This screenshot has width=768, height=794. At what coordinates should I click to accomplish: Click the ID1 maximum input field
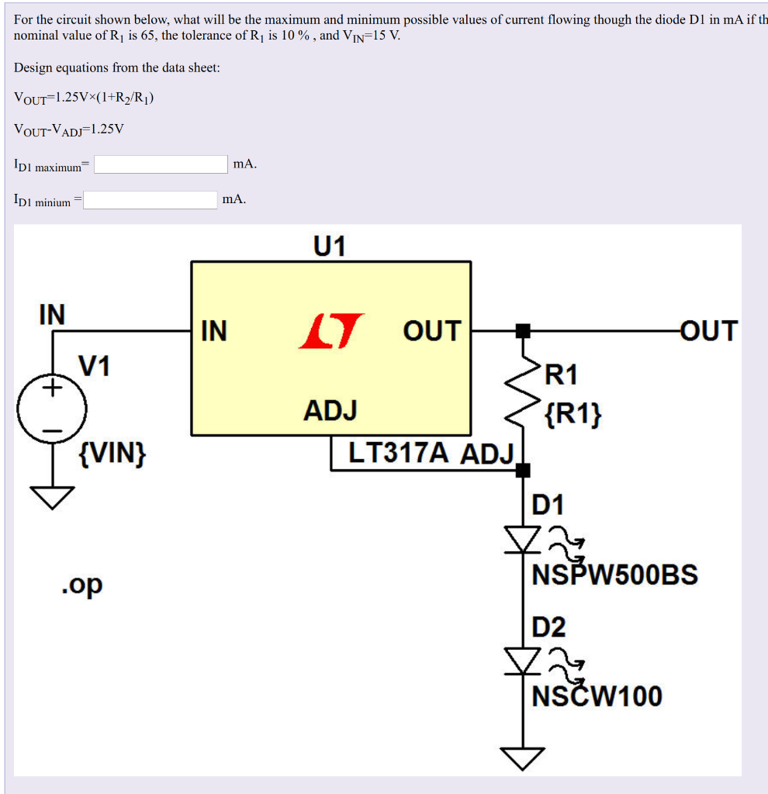[x=161, y=164]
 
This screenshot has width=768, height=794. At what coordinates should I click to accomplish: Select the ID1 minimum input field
[x=150, y=199]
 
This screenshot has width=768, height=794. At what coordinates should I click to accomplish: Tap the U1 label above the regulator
[x=329, y=246]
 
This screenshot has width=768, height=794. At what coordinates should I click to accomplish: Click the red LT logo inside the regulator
[x=330, y=331]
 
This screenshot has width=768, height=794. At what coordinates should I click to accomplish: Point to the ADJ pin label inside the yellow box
[x=330, y=410]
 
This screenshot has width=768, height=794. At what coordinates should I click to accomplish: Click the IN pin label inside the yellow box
[x=214, y=331]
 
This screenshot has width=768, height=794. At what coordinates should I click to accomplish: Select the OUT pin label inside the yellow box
[x=432, y=331]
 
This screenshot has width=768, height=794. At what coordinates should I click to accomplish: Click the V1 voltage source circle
[x=52, y=409]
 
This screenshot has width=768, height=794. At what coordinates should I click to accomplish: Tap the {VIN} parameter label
[x=112, y=453]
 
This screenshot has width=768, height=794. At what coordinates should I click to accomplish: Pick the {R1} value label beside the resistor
[x=573, y=414]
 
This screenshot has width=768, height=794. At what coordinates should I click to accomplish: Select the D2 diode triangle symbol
[x=522, y=661]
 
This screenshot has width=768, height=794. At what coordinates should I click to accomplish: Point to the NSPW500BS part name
[x=615, y=575]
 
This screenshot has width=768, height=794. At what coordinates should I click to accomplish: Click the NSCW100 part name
[x=597, y=696]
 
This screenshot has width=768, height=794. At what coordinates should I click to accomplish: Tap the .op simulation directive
[x=82, y=585]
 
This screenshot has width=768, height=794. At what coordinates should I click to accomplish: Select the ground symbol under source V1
[x=52, y=497]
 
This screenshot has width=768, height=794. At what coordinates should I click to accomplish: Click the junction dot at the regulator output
[x=523, y=331]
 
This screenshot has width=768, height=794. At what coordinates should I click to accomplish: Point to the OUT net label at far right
[x=709, y=331]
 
